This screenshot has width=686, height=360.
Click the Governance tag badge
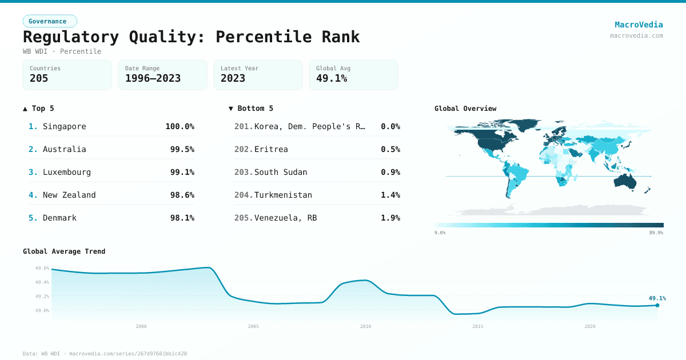pos(50,21)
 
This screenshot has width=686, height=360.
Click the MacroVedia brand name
pos(639,25)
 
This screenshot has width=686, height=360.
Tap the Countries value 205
pos(39,78)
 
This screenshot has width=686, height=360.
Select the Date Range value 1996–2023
pos(153,78)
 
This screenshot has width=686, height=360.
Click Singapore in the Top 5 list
pos(64,126)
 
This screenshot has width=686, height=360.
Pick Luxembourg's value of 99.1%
pos(182,172)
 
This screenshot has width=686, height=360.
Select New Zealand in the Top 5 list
pos(69,195)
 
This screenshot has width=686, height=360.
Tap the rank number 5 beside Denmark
pos(33,218)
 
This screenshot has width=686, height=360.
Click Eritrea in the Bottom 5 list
pos(271,149)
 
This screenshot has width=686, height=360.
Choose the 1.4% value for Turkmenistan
pos(390,195)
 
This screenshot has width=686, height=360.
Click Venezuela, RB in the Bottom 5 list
pos(285,218)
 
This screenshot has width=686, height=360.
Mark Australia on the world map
pos(628,181)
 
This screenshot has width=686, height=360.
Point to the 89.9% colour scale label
pos(656,233)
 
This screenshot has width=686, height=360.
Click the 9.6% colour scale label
pos(440,233)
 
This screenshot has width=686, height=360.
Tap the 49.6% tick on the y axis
pos(42,268)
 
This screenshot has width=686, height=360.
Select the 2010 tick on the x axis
pos(365,326)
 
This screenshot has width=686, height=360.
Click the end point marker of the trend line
pos(657,305)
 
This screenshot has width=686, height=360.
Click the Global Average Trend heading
pos(64,251)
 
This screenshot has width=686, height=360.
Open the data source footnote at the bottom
pos(105,354)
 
